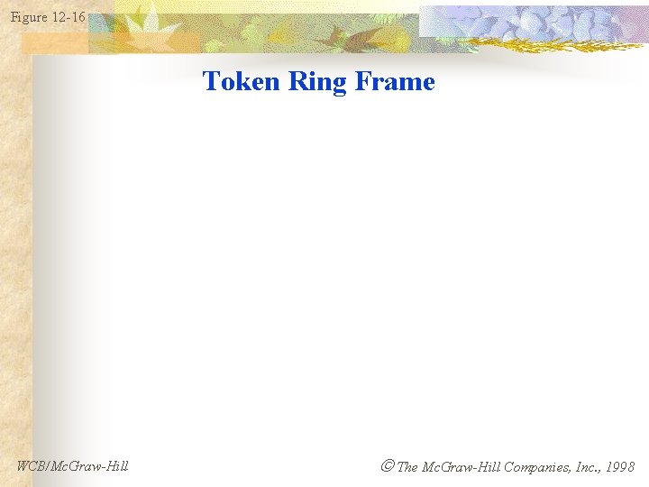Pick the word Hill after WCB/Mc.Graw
tap(114, 466)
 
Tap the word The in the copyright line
tap(407, 467)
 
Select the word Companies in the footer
tap(536, 467)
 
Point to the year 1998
tap(620, 467)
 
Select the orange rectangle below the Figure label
tap(54, 41)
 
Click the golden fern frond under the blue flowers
tap(541, 44)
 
